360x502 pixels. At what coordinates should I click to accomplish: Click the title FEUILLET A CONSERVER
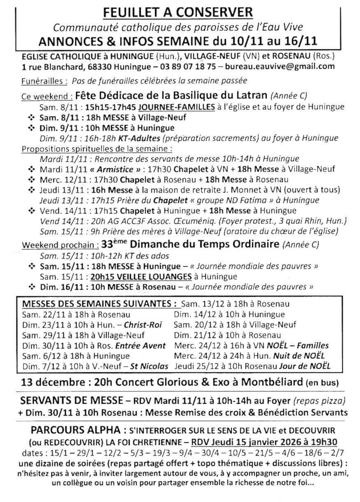click(178, 13)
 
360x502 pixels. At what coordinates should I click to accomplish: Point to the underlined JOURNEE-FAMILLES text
click(177, 107)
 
